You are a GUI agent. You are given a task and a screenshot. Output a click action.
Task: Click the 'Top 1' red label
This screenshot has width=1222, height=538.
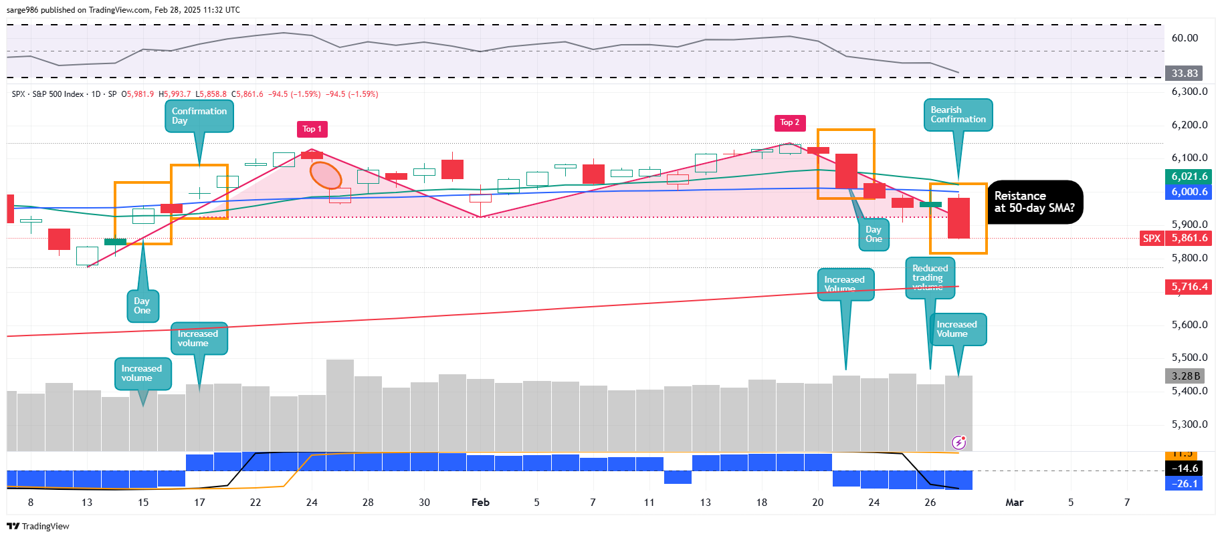pos(312,129)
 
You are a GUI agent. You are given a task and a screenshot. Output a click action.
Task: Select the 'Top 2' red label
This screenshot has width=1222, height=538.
pos(789,122)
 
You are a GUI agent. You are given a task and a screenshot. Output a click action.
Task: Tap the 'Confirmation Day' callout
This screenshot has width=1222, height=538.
pos(199,116)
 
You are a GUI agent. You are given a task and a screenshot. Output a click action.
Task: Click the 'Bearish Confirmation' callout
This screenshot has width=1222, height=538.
pos(958,115)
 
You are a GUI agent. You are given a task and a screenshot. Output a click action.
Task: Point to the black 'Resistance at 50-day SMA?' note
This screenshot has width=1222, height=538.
pos(1034,202)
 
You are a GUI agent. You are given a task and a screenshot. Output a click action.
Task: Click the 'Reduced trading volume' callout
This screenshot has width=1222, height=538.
pos(930,276)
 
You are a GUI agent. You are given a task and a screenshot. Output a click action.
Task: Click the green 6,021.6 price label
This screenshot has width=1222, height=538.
pos(1189,176)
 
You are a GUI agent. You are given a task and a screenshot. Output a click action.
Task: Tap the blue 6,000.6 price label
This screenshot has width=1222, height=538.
pos(1189,192)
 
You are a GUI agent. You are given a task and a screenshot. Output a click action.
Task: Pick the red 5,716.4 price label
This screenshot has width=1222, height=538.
pos(1189,287)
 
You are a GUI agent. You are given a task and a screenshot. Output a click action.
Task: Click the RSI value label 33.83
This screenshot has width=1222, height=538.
pos(1184,74)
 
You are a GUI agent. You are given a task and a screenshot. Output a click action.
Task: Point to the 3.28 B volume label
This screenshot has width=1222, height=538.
pos(1186,376)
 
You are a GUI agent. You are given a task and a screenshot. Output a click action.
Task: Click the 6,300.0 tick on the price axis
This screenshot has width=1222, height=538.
pos(1189,92)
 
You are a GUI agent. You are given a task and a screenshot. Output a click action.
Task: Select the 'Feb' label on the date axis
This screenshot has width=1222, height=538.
pos(480,503)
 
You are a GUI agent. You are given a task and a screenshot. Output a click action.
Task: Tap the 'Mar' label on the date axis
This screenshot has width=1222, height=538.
pos(1014,503)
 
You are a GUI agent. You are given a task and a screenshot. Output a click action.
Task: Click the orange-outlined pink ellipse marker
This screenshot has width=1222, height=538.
pos(326,175)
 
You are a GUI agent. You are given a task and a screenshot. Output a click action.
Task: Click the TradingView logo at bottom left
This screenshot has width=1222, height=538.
pos(38,527)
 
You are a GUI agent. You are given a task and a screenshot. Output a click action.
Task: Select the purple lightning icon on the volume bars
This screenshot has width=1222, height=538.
pos(958,442)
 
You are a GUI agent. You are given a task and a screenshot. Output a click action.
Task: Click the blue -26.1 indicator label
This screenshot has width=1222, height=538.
pos(1184,484)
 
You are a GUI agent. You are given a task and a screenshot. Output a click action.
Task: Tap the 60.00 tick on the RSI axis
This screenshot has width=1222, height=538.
pos(1185,38)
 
